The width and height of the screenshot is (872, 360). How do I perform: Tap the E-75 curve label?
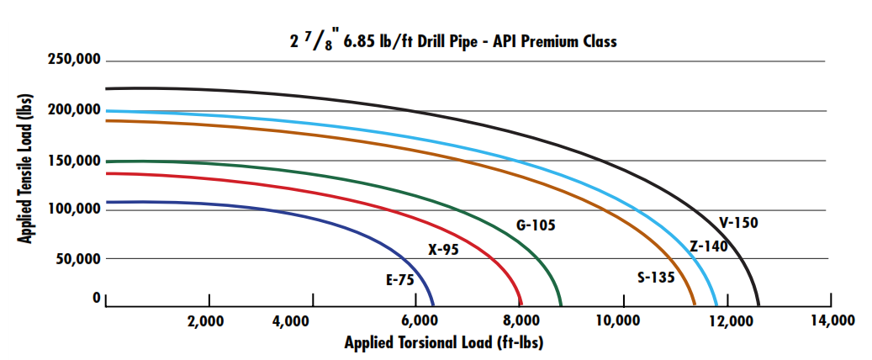tap(399, 281)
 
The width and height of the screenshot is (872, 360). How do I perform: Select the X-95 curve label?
tap(443, 250)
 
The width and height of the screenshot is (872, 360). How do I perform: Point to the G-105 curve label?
tap(536, 225)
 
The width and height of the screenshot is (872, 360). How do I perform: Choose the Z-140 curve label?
tap(708, 246)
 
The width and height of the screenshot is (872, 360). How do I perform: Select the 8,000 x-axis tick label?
tap(518, 320)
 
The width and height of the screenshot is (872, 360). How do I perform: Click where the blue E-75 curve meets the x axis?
tap(433, 305)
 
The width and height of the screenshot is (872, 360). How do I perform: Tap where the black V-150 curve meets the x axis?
tap(758, 305)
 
